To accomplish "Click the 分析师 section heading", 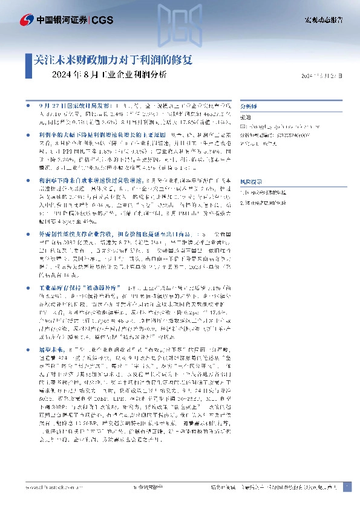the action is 249,104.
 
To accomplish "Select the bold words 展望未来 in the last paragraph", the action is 51,350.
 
